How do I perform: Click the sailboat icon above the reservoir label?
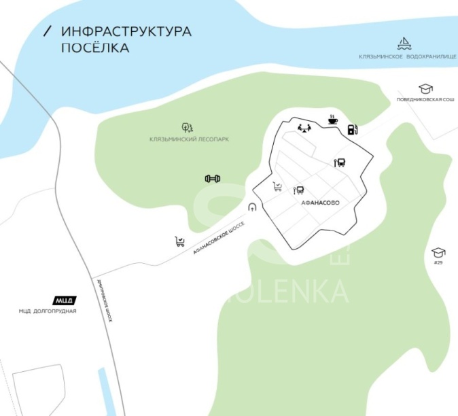click(404, 44)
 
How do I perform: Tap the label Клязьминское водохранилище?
click(407, 56)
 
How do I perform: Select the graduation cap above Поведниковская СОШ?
click(425, 89)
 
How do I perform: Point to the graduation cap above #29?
click(438, 252)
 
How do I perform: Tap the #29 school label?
click(438, 262)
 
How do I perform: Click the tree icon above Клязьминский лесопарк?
click(187, 127)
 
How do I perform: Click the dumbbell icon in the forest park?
click(213, 179)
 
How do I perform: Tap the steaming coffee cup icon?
click(332, 119)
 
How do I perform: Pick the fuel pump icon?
click(351, 129)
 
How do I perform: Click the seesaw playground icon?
click(304, 127)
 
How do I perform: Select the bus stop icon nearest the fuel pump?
click(340, 162)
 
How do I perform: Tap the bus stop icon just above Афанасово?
click(298, 191)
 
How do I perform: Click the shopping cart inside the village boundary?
click(277, 186)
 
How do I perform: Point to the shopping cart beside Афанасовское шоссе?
click(180, 241)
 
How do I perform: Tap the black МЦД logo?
click(65, 300)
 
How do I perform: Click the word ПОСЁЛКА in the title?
click(94, 48)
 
